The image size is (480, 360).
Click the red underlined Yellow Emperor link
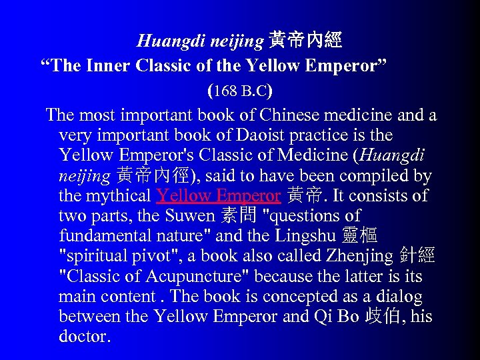click(x=218, y=197)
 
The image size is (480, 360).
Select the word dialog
click(x=399, y=297)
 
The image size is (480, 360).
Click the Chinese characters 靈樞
click(x=362, y=237)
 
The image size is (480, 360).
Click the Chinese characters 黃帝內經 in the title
click(x=305, y=41)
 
